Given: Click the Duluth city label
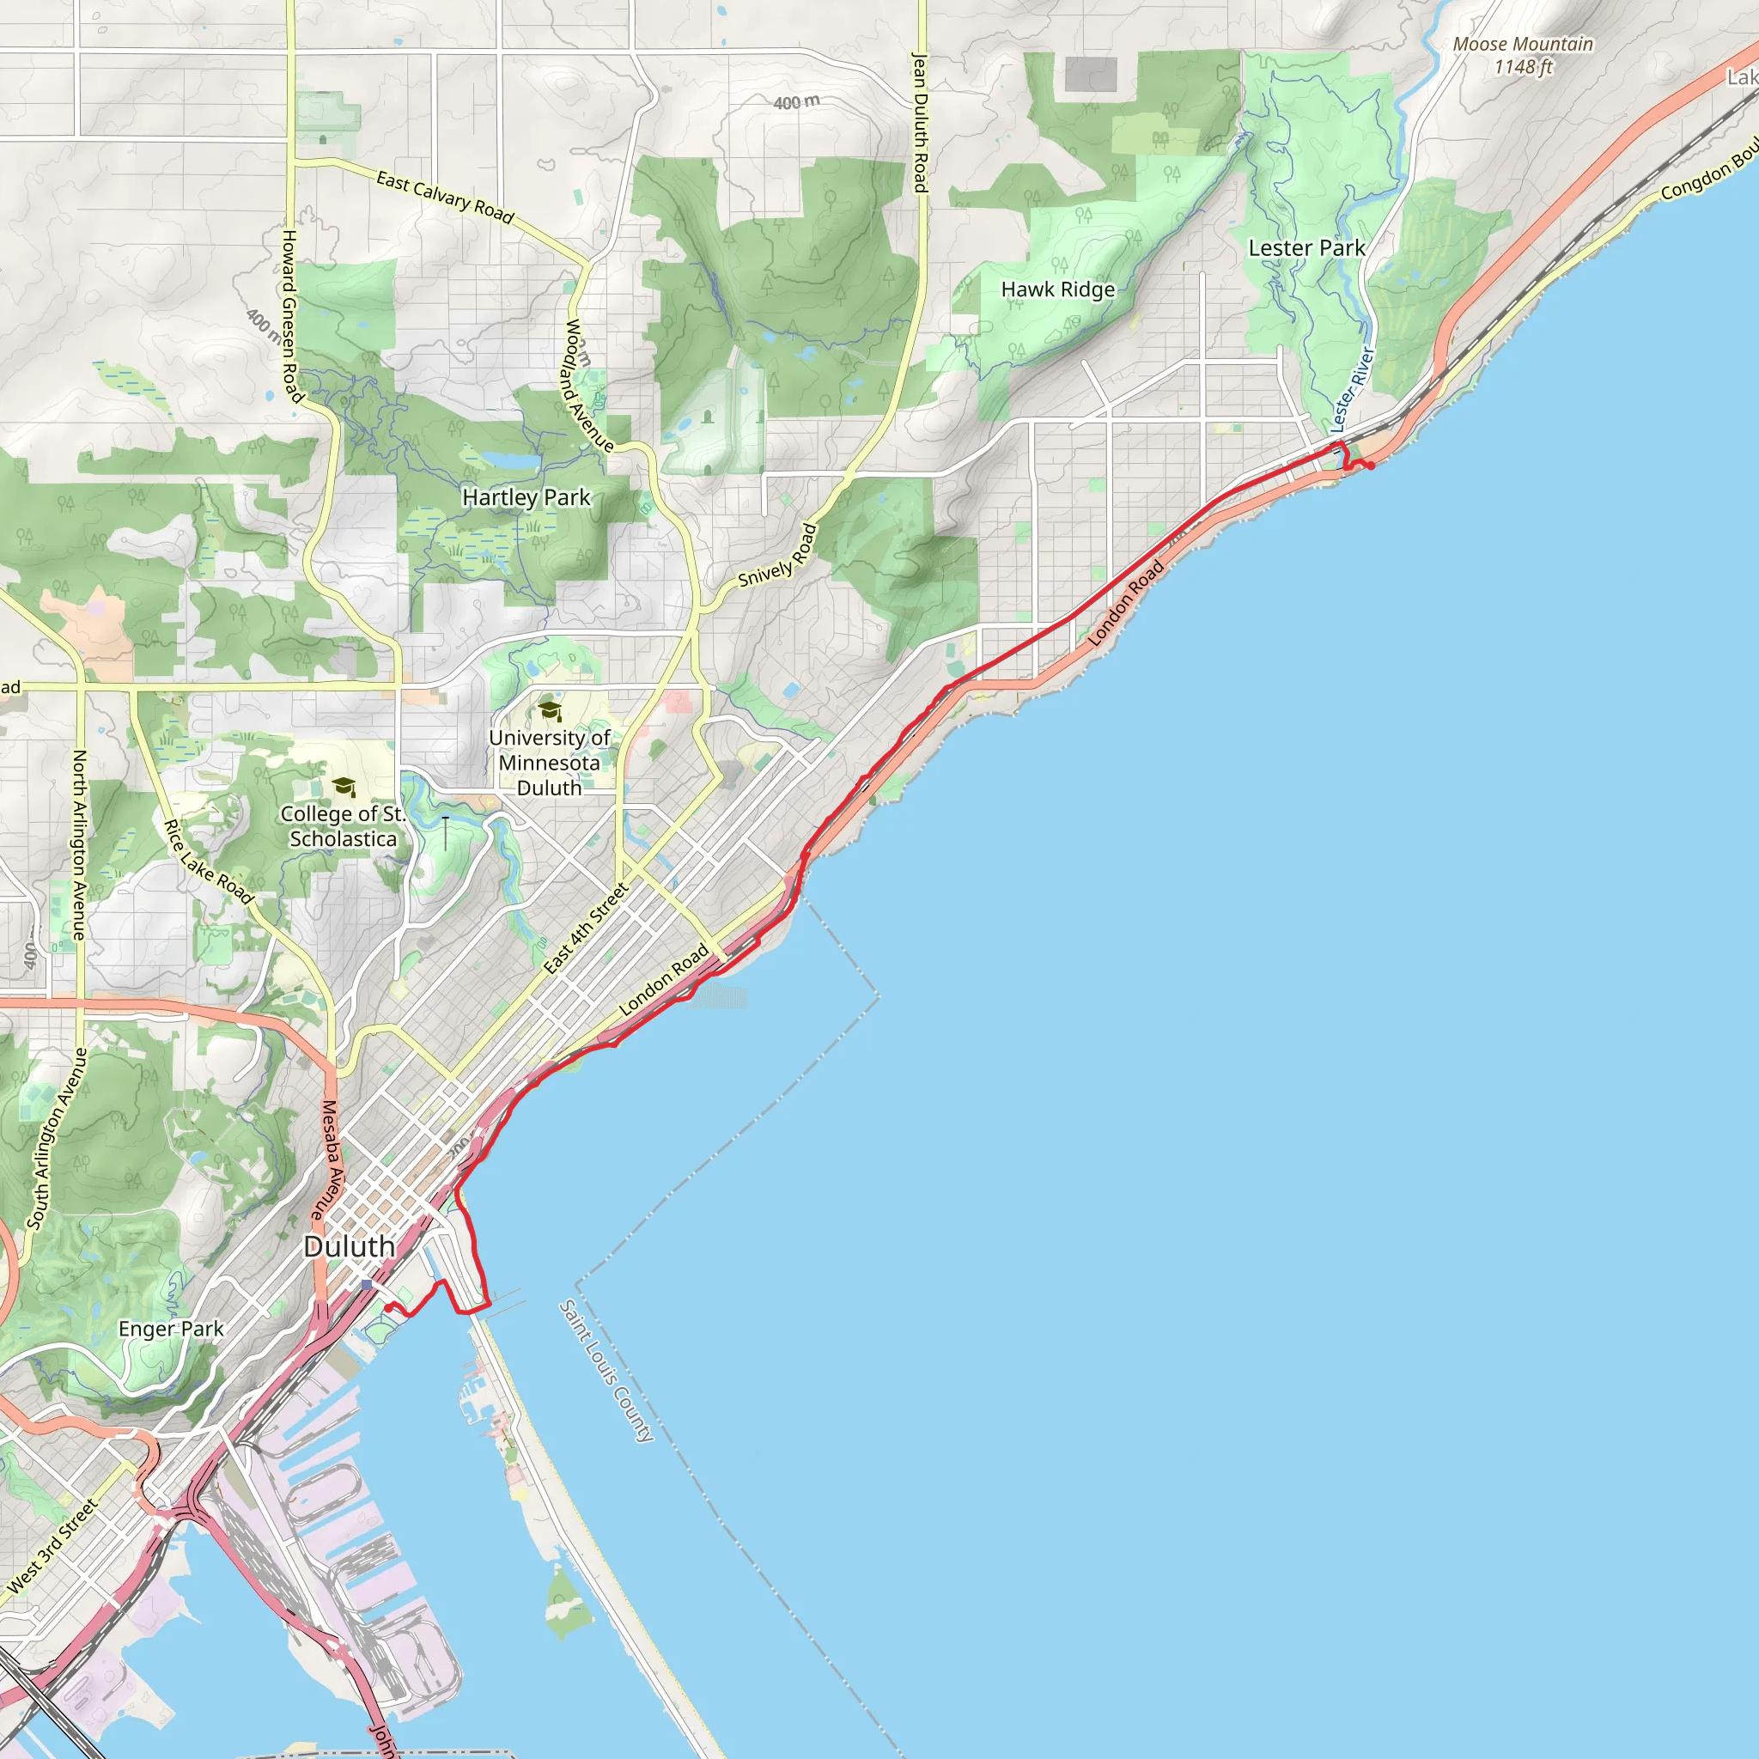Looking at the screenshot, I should coord(349,1246).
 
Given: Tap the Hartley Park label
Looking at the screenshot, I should coord(526,497).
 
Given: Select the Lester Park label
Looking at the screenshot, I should coord(1306,247).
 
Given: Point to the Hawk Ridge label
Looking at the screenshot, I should coord(1058,289).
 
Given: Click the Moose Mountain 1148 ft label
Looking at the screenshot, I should coord(1522,55).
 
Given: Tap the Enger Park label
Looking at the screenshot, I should coord(171,1329).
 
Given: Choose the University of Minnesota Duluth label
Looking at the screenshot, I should coord(549,763).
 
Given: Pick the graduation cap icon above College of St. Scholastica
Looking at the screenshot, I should coord(344,786).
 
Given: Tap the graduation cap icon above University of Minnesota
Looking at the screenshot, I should coord(549,709).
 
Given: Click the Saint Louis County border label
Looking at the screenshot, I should coord(606,1371).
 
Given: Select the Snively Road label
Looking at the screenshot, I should coord(777,557).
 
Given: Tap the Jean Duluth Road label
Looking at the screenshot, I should coord(920,122).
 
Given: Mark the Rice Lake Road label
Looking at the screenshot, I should coord(209,861).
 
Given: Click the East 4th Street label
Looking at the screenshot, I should coord(587,928).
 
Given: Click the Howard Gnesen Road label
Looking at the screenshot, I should coord(289,315).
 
